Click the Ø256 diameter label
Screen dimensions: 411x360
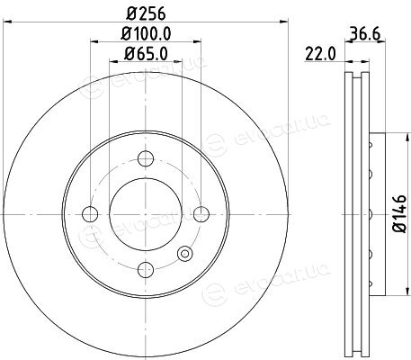click(x=146, y=13)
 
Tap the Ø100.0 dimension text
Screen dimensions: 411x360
click(x=146, y=33)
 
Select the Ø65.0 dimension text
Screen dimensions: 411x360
click(x=146, y=54)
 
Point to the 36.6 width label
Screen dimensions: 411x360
click(x=365, y=34)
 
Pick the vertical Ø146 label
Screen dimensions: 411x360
click(x=400, y=213)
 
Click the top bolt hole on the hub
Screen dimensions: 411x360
click(x=146, y=158)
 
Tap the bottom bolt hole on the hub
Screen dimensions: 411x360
click(x=146, y=269)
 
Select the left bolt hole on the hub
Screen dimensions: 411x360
click(x=90, y=214)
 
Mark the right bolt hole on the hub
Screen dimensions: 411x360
click(x=201, y=214)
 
